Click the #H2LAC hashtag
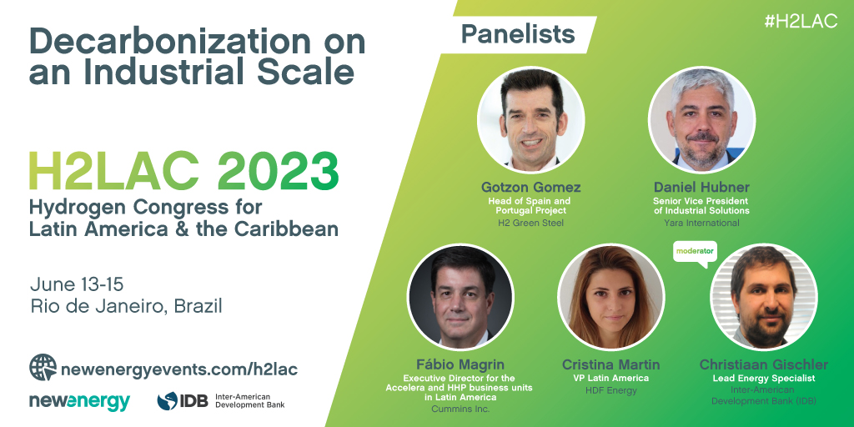[x=801, y=21]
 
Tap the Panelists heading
[x=518, y=34]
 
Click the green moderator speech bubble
[x=695, y=254]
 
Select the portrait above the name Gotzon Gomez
[x=531, y=120]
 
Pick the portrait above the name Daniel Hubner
[x=702, y=120]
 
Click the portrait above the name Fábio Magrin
[x=460, y=297]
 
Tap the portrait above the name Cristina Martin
[x=611, y=297]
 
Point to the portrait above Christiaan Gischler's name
[x=764, y=297]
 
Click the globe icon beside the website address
[x=43, y=367]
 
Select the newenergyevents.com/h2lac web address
[x=180, y=369]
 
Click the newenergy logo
[x=79, y=401]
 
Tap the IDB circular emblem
[x=167, y=401]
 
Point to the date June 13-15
[x=77, y=284]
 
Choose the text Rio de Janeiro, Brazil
[x=127, y=306]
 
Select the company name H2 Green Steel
[x=531, y=222]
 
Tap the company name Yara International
[x=701, y=222]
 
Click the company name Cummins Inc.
[x=460, y=409]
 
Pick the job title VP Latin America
[x=611, y=378]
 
